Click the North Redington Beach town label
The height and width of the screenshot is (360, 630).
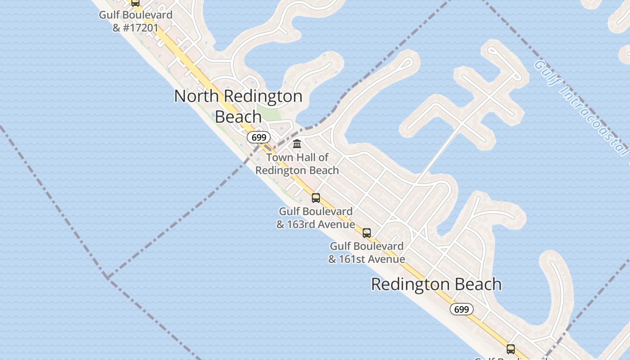238,106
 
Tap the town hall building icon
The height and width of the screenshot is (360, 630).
297,144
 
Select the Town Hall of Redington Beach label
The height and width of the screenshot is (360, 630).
297,164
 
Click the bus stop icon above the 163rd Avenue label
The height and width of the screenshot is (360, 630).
316,198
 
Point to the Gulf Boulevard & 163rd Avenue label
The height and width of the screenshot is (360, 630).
315,218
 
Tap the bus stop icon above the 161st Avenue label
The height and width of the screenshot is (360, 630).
367,233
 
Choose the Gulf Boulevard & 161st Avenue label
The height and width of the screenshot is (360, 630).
367,252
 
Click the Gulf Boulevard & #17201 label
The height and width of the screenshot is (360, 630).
135,21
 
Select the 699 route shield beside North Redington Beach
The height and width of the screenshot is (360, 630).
259,137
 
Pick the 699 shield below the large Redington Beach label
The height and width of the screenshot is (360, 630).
461,309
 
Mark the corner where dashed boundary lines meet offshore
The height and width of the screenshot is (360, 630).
107,277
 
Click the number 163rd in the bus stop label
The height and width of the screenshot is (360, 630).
303,224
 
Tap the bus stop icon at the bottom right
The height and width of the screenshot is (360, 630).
510,349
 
